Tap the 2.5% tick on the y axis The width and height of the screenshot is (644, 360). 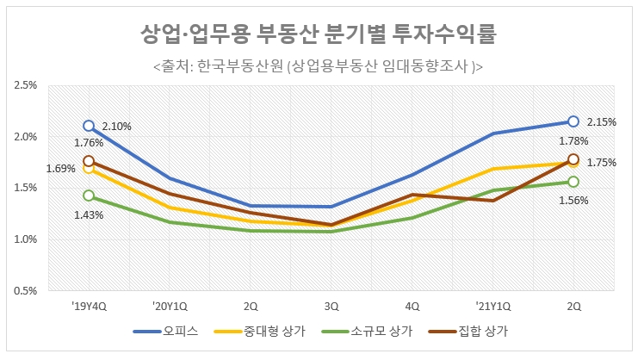click(25, 86)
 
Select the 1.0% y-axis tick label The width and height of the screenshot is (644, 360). click(25, 239)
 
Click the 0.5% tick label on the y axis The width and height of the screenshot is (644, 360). click(25, 290)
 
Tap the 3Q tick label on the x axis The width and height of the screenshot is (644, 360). click(331, 304)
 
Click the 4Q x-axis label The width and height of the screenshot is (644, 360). click(412, 304)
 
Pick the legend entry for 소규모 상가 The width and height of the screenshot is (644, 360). click(369, 331)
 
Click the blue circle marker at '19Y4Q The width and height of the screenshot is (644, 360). click(88, 126)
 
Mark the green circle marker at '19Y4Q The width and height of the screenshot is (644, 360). click(88, 196)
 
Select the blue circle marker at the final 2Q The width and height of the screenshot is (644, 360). click(573, 121)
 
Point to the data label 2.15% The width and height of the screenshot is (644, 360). click(601, 122)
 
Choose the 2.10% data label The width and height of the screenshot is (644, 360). click(116, 127)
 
